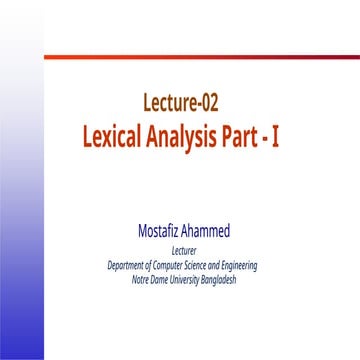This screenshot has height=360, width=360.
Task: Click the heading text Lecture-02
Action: coord(181,101)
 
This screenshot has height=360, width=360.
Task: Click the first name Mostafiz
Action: coord(160,232)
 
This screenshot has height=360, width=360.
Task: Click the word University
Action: coord(189,279)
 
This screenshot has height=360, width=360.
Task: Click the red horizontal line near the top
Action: coord(200,57)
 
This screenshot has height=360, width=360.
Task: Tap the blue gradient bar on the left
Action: coord(21,250)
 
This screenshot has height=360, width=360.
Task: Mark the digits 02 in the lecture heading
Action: coord(209,101)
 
